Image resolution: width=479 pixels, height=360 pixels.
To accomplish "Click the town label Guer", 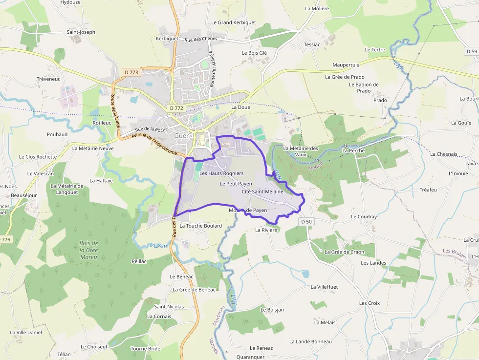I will tap(181, 136).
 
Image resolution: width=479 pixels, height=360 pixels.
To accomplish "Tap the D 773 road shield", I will tap(131, 72).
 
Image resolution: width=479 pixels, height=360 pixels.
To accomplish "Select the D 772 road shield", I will tap(176, 107).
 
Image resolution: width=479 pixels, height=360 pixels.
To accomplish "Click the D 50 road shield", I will tap(306, 221).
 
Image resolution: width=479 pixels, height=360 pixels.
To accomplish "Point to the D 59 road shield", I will tap(472, 51).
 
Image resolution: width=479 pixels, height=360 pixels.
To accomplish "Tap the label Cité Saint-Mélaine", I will tap(262, 192).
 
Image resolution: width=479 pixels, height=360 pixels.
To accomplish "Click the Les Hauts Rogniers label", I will tap(221, 173).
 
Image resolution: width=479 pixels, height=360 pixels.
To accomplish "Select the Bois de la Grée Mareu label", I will tap(89, 250).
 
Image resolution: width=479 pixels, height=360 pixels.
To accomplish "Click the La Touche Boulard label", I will tap(200, 226).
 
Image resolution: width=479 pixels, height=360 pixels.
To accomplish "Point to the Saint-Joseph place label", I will tap(81, 32).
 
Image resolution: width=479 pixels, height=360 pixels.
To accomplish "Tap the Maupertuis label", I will tap(346, 65).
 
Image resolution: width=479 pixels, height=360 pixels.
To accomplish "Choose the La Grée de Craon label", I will tap(345, 252).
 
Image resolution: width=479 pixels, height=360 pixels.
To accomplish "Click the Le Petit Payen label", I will tap(236, 184).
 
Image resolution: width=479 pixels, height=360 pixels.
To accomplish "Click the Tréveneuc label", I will tap(48, 79).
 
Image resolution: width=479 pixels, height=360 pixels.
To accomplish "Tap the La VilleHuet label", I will tap(324, 287).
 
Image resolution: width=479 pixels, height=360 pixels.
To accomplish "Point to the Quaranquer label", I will tap(250, 357).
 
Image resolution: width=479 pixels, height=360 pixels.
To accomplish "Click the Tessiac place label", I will tap(312, 44).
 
